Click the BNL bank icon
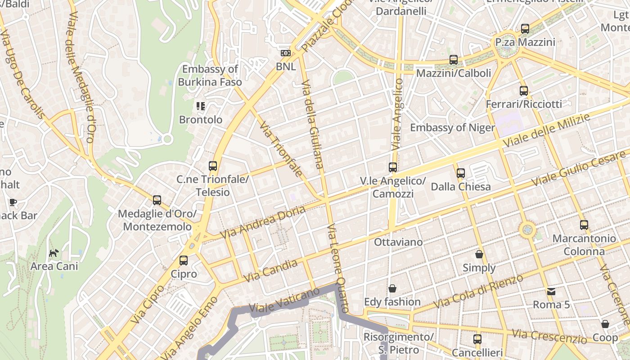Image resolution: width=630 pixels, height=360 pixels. point(286,53)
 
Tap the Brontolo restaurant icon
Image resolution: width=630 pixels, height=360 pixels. point(201,106)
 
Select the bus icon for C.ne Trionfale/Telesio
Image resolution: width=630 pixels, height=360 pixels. point(213,166)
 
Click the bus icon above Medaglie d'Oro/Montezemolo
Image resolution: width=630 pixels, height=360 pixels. point(157,200)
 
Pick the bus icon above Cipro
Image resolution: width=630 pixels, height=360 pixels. point(184,260)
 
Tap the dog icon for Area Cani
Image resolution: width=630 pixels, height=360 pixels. point(54,253)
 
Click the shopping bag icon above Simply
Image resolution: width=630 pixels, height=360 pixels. point(479,254)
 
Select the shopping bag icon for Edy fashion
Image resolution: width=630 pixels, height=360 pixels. point(392,288)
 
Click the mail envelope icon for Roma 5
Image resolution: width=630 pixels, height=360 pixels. point(551,292)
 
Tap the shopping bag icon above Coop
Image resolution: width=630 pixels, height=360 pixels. point(605,324)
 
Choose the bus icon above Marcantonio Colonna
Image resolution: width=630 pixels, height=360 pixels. point(584,225)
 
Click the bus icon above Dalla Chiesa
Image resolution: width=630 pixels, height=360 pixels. point(461,173)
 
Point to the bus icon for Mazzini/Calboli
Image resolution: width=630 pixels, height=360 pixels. point(454,59)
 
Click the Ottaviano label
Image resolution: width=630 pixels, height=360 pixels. point(398,242)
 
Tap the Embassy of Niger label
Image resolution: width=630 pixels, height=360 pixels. point(452,127)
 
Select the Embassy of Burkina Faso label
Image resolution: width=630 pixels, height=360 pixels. point(210,76)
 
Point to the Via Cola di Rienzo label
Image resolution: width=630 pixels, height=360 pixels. point(479,291)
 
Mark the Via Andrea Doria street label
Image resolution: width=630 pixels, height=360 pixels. point(263,222)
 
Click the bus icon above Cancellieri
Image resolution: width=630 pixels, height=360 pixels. point(477,339)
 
